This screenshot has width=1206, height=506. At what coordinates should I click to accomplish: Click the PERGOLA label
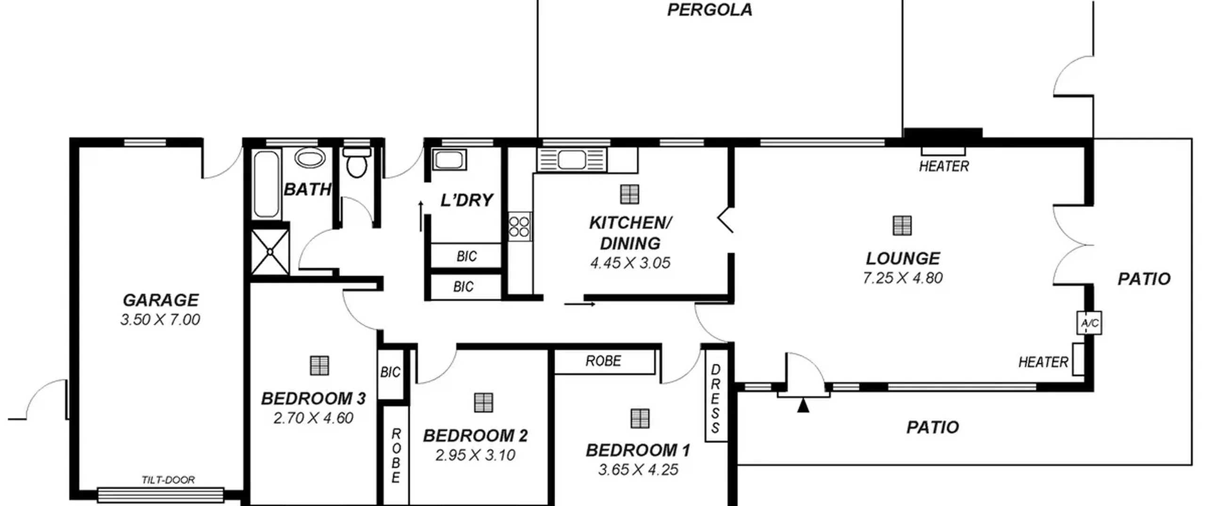pos(709,10)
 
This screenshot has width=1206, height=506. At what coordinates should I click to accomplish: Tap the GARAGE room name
pos(161,300)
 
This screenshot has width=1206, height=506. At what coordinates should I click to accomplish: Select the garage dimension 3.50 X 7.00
pos(160,320)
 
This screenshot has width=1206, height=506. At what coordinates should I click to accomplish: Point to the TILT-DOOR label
pos(168,480)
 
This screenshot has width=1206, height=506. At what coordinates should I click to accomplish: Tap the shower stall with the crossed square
pos(270,252)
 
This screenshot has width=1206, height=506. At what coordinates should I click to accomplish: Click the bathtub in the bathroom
pos(267,184)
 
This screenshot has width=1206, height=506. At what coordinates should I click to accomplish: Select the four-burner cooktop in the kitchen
pos(519,226)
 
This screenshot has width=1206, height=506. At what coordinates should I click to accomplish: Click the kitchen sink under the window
pos(572,160)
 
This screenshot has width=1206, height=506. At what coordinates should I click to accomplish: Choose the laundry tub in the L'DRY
pos(449,160)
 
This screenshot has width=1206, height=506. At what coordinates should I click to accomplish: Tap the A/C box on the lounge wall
pos(1089,323)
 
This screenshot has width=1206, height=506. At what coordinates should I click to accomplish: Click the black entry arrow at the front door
pos(803,405)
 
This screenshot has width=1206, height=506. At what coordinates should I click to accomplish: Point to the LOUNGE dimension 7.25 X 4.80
pos(903,278)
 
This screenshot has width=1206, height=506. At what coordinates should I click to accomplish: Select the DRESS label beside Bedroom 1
pos(715,398)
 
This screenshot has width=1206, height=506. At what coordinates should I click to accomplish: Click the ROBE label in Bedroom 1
pos(603,361)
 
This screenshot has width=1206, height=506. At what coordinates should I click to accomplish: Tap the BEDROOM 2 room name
pos(475,435)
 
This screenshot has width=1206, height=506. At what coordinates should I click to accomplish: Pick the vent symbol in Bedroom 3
pos(319,365)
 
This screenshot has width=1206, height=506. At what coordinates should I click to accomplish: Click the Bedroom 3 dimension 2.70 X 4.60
pos(313,418)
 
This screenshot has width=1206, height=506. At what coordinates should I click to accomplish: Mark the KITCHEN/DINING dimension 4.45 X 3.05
pos(630,263)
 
